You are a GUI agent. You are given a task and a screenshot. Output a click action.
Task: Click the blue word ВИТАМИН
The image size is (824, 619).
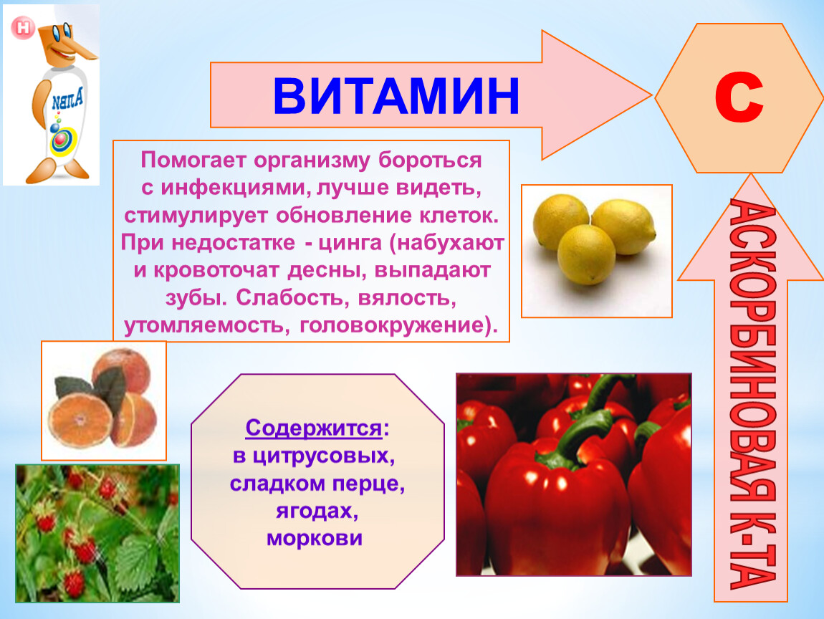(396, 96)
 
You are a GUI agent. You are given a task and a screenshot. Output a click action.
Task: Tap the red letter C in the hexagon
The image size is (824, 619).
(738, 97)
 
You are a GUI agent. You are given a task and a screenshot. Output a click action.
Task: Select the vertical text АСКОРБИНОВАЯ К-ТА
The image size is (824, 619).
(752, 395)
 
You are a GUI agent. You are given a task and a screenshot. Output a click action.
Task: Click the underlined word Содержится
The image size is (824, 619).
(313, 428)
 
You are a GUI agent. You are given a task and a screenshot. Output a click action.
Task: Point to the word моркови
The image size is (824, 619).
(315, 539)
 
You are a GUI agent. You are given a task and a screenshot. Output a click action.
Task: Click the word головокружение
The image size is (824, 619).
(391, 325)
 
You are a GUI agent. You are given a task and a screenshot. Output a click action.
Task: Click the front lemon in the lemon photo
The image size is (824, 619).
(586, 254)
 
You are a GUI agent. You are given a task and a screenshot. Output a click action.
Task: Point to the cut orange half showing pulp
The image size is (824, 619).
(80, 421)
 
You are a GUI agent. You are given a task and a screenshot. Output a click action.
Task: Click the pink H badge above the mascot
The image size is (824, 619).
(23, 27)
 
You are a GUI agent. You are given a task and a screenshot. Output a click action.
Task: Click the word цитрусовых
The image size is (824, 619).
(322, 456)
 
